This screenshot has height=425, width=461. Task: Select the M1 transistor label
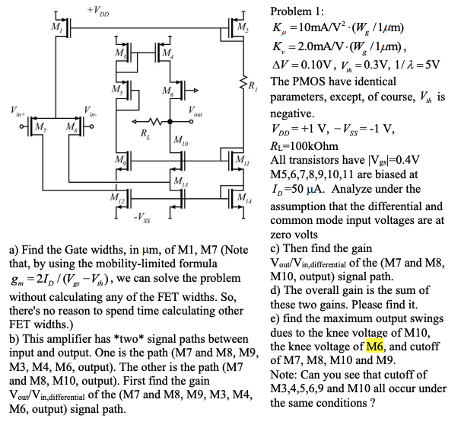tap(54, 28)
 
